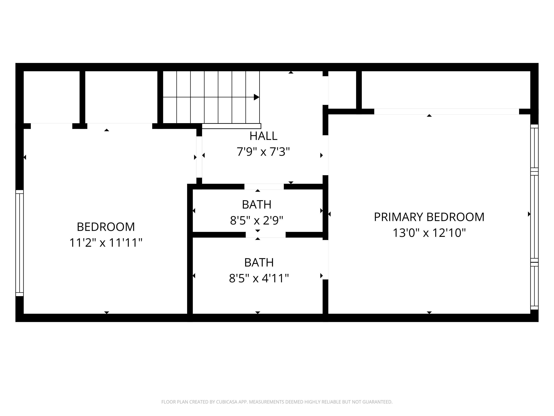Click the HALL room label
(x=263, y=136)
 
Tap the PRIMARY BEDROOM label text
(x=429, y=217)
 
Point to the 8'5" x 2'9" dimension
(x=257, y=220)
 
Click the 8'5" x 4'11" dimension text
(x=259, y=278)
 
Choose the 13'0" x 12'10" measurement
(x=429, y=233)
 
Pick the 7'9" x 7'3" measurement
(x=263, y=152)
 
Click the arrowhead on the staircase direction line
(x=257, y=97)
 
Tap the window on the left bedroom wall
(x=20, y=243)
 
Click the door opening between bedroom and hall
(x=199, y=157)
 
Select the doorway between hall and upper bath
(x=264, y=187)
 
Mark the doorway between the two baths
(x=266, y=235)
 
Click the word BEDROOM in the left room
(x=106, y=227)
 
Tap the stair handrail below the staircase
(x=231, y=126)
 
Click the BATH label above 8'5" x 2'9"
(x=257, y=205)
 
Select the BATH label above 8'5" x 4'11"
(x=259, y=263)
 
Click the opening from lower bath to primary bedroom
(x=325, y=260)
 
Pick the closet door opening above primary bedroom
(x=447, y=112)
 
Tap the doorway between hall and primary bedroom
(x=325, y=155)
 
